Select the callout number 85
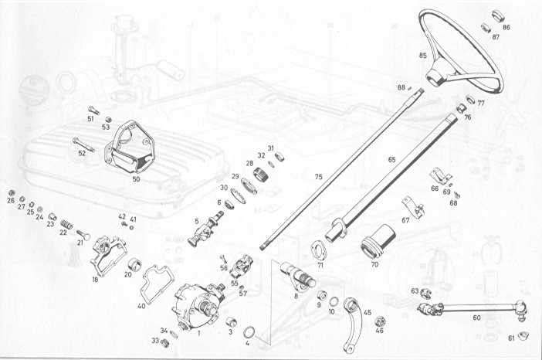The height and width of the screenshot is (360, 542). (x=422, y=56)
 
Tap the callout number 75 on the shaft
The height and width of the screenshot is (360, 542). (x=318, y=177)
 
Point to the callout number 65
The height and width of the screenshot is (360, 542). (x=392, y=159)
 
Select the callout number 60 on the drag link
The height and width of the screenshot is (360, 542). (x=476, y=317)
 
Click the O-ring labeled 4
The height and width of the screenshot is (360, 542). (x=249, y=333)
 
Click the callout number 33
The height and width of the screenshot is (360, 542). (x=154, y=340)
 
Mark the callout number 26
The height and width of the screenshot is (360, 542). (x=11, y=200)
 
